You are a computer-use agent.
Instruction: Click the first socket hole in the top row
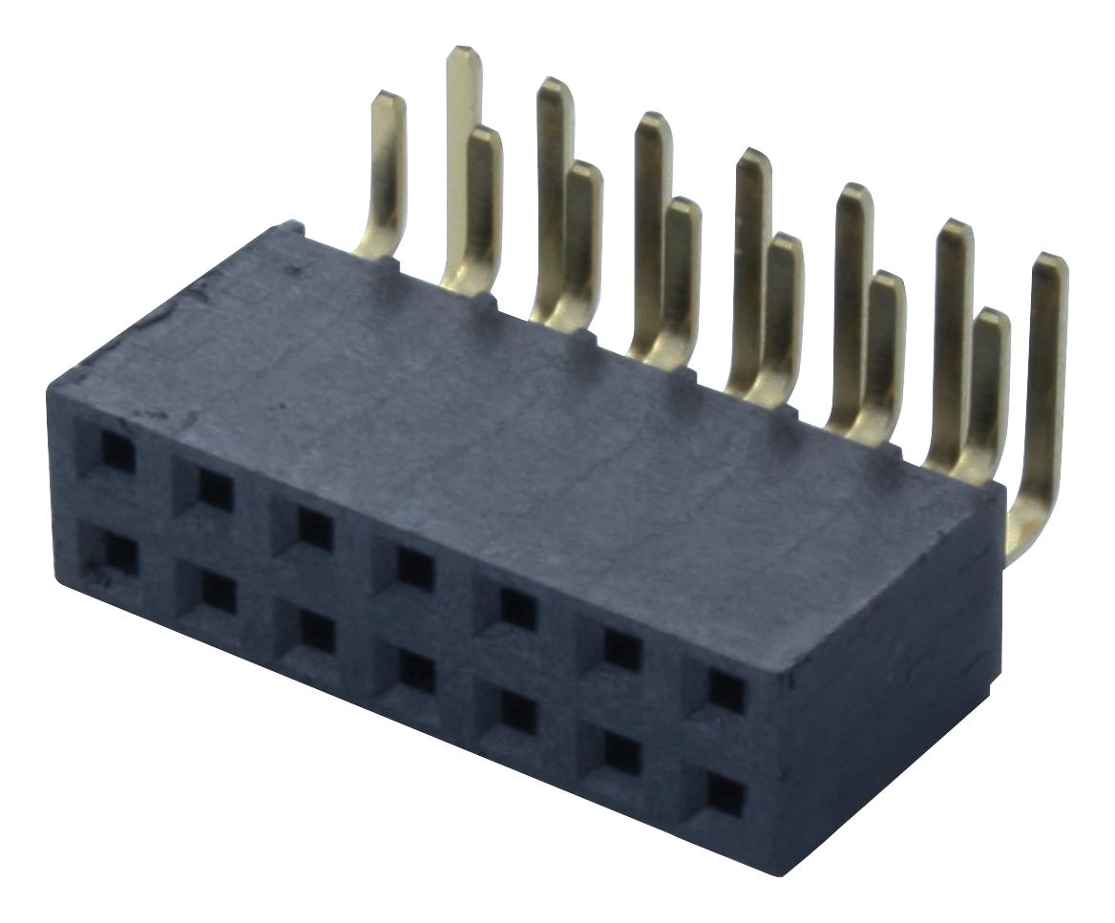pos(116,452)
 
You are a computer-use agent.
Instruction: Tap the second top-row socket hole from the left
pos(215,491)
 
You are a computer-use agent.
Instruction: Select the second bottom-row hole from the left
pos(217,594)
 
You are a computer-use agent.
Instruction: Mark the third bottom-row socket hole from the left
pos(315,633)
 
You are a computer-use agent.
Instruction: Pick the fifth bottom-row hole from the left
pos(517,712)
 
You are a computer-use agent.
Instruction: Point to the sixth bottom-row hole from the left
pos(621,753)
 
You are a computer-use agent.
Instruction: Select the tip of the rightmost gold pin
pos(1052,261)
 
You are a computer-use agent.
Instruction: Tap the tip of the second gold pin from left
pos(464,52)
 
